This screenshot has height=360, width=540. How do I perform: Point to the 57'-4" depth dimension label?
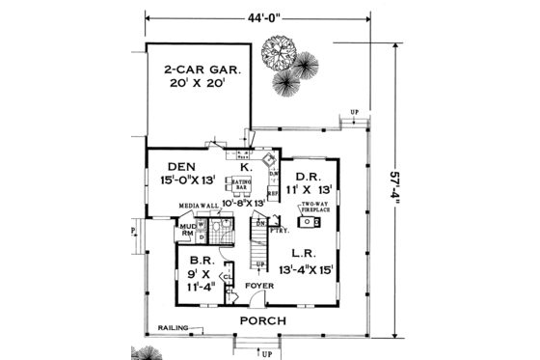398,187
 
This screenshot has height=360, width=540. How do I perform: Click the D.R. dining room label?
308,176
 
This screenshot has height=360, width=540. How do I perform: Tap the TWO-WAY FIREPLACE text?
317,209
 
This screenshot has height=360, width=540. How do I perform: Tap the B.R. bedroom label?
201,261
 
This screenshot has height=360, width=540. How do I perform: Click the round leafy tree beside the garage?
281,51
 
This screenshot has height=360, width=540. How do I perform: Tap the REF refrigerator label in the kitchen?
272,192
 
